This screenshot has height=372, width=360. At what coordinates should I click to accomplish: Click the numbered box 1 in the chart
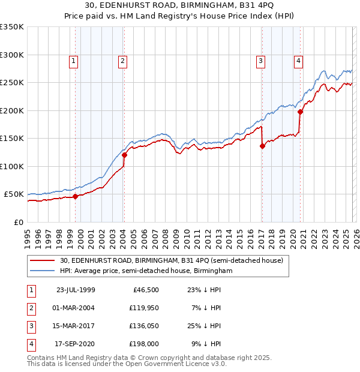tap(73, 60)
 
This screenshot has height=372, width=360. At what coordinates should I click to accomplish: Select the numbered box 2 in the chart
tap(122, 60)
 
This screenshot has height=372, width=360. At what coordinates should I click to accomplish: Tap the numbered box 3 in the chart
tap(261, 60)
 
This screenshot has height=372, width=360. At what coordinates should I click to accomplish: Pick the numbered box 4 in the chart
tap(298, 60)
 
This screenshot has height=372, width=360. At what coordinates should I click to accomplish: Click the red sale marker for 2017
tap(262, 146)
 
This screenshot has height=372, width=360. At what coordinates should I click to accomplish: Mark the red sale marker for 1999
tap(75, 196)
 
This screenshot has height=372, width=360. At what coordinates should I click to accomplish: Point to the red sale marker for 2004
tap(124, 155)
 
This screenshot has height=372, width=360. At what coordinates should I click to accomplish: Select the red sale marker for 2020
tap(299, 111)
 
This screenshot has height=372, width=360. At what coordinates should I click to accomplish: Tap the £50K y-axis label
tap(14, 194)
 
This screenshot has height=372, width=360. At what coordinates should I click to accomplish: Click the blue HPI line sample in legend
tap(43, 271)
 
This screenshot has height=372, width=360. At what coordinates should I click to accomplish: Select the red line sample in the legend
tap(43, 260)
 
